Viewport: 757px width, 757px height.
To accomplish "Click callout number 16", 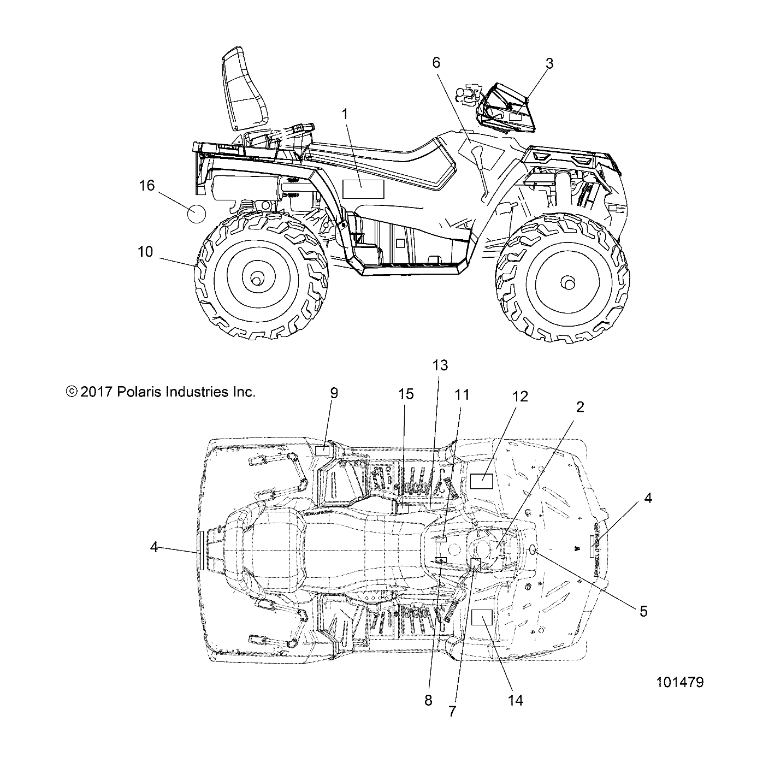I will click(146, 186).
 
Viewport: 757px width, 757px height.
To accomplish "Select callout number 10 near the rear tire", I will click(145, 252).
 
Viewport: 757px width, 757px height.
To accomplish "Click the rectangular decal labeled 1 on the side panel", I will click(363, 189).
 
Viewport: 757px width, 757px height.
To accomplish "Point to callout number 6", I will click(436, 63).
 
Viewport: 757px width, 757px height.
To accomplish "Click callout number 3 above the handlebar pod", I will click(549, 64).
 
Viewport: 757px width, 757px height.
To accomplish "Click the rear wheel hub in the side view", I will click(255, 279).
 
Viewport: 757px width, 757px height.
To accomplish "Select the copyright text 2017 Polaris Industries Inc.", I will click(161, 392).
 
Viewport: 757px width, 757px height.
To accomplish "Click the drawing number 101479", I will click(680, 682).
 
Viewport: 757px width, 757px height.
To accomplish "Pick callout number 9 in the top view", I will click(334, 393).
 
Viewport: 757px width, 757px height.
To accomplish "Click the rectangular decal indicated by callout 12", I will click(482, 481).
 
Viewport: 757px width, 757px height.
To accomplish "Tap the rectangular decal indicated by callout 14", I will click(482, 617).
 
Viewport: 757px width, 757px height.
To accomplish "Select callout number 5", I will click(643, 611).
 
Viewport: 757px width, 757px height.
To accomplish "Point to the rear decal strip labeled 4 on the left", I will click(202, 550).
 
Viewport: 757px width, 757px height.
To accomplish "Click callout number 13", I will click(440, 365).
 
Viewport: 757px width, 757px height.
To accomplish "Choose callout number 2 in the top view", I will click(580, 406).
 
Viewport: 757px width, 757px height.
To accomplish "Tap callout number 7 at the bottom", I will click(452, 712).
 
